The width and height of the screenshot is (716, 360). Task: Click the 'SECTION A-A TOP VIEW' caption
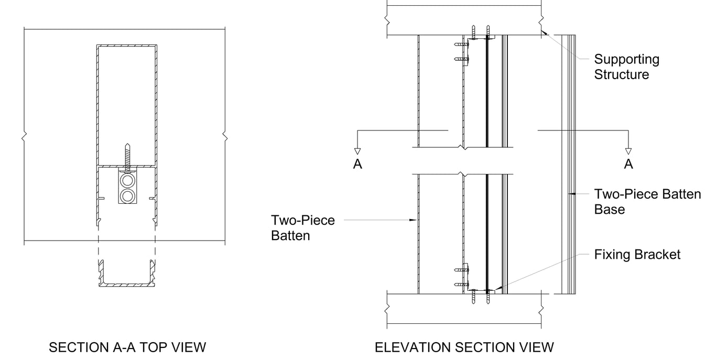127,347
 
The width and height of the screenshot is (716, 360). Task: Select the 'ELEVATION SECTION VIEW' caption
464,347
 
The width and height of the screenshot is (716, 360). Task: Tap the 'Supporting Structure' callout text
626,67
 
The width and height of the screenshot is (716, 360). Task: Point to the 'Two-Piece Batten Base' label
647,202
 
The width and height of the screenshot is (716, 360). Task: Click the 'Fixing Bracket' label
637,255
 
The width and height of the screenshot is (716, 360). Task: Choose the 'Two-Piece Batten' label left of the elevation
302,228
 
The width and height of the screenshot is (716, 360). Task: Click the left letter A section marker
357,165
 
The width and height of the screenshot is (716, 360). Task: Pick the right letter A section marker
628,165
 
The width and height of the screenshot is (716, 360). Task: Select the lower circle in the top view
127,197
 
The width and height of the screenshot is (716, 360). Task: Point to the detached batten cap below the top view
127,275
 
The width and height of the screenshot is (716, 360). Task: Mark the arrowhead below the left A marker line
357,152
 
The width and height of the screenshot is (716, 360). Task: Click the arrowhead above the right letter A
628,152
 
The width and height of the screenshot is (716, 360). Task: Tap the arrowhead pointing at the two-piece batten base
573,194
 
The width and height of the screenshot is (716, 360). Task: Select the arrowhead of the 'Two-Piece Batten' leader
414,221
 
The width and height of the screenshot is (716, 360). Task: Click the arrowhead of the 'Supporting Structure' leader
545,32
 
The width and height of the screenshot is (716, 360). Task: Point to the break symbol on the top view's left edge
24,137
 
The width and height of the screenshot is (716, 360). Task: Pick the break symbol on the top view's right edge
225,137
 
